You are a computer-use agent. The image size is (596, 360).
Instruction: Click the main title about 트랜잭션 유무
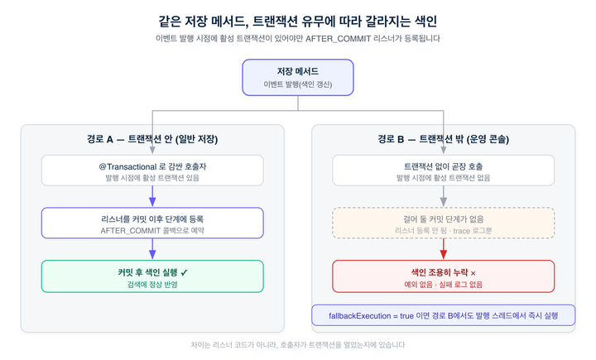pyautogui.click(x=298, y=21)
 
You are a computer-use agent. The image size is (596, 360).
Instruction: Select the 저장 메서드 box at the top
pyautogui.click(x=298, y=78)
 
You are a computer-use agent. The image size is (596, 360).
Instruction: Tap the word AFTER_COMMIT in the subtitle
pyautogui.click(x=338, y=38)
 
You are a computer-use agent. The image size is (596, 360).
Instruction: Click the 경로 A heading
pyautogui.click(x=152, y=139)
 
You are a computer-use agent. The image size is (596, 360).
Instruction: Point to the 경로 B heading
pyautogui.click(x=443, y=139)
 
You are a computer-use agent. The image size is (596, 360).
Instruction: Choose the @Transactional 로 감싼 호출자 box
pyautogui.click(x=152, y=170)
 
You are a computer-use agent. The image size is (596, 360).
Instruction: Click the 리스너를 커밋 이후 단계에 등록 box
pyautogui.click(x=152, y=223)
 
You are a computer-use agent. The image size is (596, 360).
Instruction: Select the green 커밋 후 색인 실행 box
pyautogui.click(x=152, y=276)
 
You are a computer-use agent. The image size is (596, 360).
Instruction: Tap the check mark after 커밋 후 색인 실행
pyautogui.click(x=185, y=272)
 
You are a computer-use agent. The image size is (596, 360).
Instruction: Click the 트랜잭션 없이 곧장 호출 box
pyautogui.click(x=443, y=170)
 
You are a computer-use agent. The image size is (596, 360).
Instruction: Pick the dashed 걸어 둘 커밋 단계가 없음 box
pyautogui.click(x=443, y=223)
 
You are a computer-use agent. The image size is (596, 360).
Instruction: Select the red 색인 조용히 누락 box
pyautogui.click(x=443, y=276)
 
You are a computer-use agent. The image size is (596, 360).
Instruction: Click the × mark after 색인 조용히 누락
pyautogui.click(x=473, y=273)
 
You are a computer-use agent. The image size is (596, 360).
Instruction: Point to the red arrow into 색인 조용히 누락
pyautogui.click(x=443, y=249)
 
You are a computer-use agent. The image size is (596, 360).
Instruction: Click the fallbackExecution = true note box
pyautogui.click(x=443, y=315)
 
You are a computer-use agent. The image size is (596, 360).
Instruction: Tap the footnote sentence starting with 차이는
pyautogui.click(x=298, y=345)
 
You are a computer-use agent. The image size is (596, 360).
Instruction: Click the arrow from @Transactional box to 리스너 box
pyautogui.click(x=152, y=196)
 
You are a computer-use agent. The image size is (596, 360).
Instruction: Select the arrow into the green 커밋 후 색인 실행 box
pyautogui.click(x=152, y=249)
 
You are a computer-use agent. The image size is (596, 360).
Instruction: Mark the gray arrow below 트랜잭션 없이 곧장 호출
pyautogui.click(x=443, y=196)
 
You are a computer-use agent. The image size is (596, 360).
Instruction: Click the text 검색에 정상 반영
pyautogui.click(x=152, y=285)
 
